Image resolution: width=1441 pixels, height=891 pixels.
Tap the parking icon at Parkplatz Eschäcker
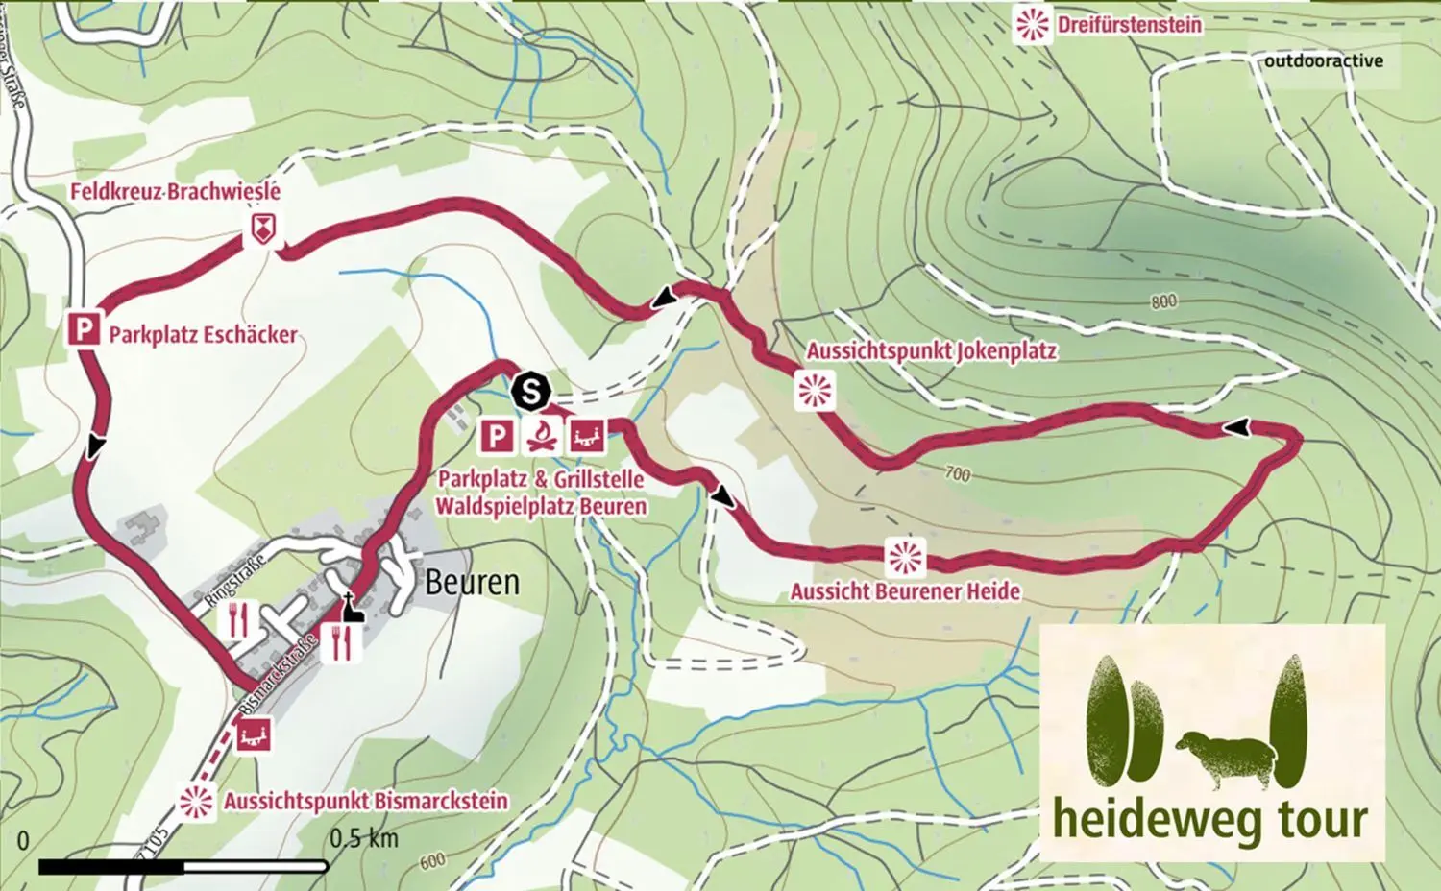85,331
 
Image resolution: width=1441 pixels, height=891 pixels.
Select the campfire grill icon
542,436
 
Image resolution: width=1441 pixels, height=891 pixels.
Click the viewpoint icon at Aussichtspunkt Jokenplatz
815,391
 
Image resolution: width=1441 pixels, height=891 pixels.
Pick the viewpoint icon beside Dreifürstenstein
1034,24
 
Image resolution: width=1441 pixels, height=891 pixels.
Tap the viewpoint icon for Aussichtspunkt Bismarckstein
198,801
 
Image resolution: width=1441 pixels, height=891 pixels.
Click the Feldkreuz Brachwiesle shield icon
260,229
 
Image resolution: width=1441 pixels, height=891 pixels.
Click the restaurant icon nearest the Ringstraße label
237,620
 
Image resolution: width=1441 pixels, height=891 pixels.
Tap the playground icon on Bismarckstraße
255,735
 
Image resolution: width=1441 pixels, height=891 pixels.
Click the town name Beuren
472,582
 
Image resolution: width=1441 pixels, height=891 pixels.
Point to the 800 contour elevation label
1162,301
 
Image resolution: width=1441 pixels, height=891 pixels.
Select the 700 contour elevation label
957,473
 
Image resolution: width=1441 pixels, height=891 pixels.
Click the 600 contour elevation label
432,860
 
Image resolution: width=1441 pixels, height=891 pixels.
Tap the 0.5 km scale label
363,838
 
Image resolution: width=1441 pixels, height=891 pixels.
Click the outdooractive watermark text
1323,60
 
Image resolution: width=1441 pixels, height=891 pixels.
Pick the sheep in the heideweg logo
1224,752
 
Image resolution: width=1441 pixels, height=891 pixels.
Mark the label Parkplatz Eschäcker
203,335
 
